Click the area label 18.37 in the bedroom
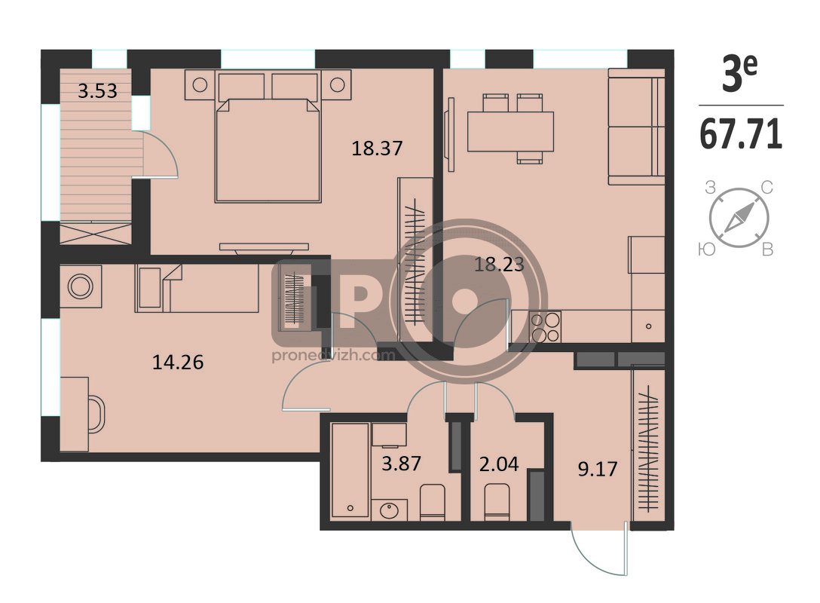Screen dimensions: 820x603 pyautogui.click(x=377, y=148)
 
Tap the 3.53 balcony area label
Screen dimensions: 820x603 pyautogui.click(x=97, y=91)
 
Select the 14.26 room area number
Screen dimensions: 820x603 pyautogui.click(x=178, y=362)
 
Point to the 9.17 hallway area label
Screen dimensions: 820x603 pyautogui.click(x=597, y=469)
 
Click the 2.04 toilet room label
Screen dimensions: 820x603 pyautogui.click(x=499, y=464)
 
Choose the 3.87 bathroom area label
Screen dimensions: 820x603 pyautogui.click(x=401, y=464)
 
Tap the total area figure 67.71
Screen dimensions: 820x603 pyautogui.click(x=741, y=134)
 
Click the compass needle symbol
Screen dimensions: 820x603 pyautogui.click(x=739, y=218)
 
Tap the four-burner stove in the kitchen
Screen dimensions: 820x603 pyautogui.click(x=546, y=327)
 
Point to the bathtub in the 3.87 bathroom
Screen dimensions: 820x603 pyautogui.click(x=350, y=470)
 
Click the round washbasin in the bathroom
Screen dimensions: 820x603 pyautogui.click(x=390, y=510)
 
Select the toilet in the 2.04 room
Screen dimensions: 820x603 pyautogui.click(x=497, y=502)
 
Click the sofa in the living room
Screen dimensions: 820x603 pyautogui.click(x=636, y=127)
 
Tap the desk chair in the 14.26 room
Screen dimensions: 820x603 pyautogui.click(x=96, y=414)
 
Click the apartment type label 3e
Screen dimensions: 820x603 pyautogui.click(x=739, y=73)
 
